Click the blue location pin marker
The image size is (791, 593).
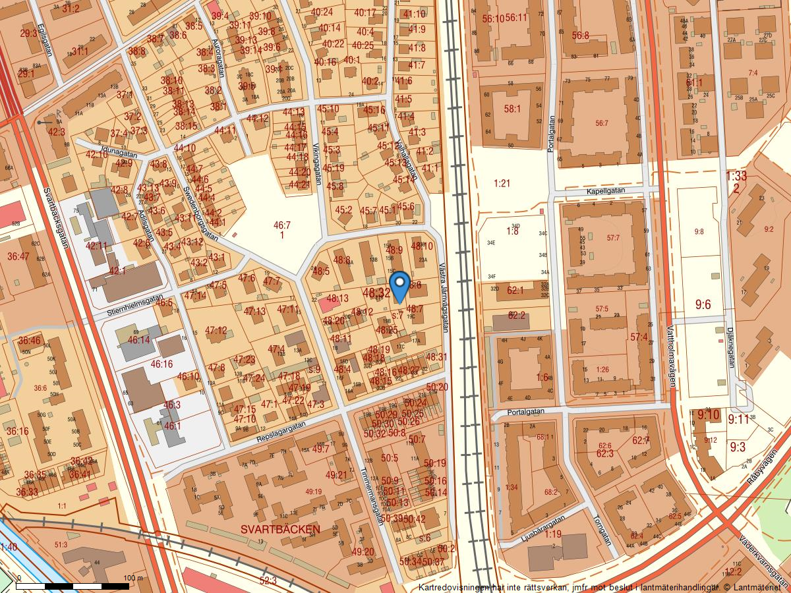[x=399, y=287]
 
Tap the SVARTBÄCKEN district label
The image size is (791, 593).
[x=280, y=529]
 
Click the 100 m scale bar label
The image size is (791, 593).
[x=132, y=579]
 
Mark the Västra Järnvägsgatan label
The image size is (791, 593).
[x=443, y=295]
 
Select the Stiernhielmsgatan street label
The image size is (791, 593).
[x=134, y=306]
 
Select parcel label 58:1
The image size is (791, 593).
[x=512, y=109]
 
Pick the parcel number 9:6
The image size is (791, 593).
[x=703, y=304]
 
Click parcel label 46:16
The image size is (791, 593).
[x=161, y=364]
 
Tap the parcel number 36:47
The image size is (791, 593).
[x=18, y=256]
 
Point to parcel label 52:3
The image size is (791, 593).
[x=268, y=580]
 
